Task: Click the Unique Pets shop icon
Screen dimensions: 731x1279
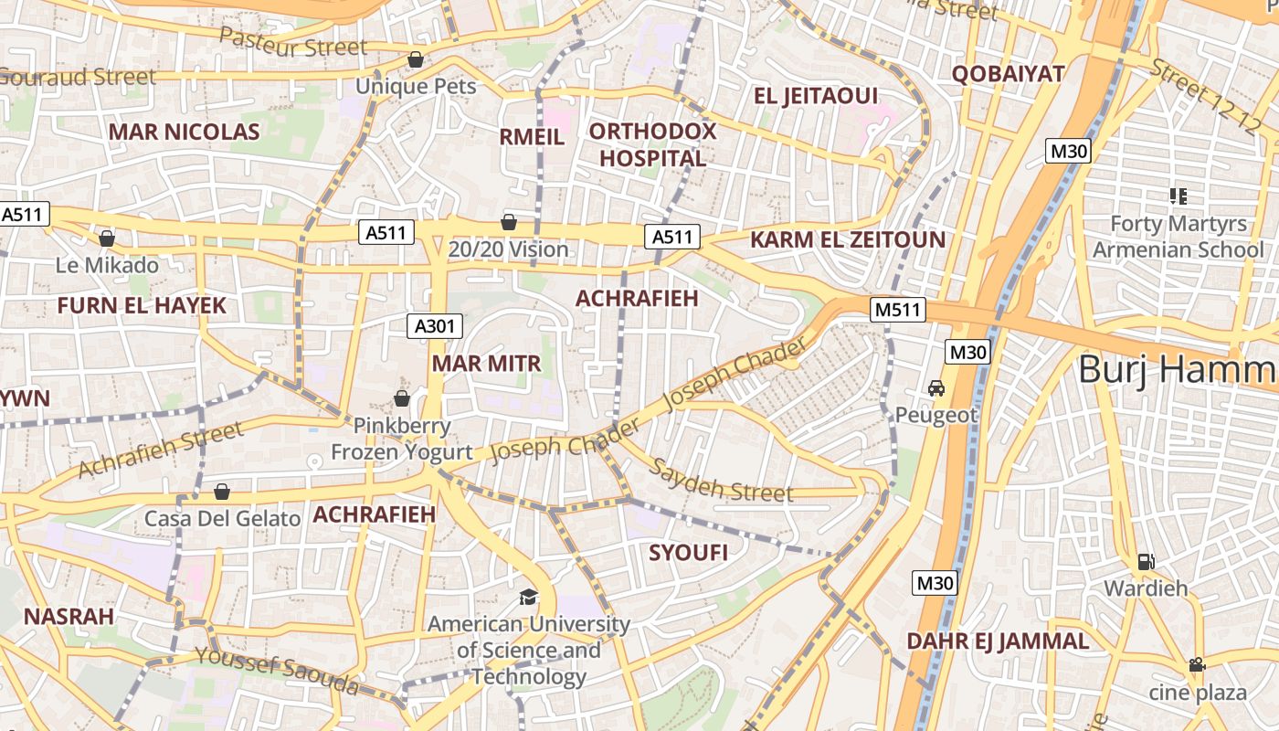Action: (x=416, y=59)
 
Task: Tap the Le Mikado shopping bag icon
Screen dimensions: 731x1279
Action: (x=107, y=238)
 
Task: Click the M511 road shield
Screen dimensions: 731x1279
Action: (x=898, y=310)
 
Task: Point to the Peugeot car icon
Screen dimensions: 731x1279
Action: (x=936, y=388)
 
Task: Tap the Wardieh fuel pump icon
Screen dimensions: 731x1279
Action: (x=1146, y=561)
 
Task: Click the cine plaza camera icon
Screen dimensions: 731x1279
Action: (x=1197, y=665)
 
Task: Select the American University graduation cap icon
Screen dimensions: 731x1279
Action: (x=529, y=598)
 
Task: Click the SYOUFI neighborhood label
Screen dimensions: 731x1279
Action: (x=688, y=553)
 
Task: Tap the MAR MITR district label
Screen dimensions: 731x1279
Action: (x=486, y=364)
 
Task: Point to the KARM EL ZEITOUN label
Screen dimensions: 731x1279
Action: (x=847, y=240)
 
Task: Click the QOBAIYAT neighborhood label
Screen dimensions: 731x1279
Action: (x=1008, y=74)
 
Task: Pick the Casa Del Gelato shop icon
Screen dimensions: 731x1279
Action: (x=221, y=493)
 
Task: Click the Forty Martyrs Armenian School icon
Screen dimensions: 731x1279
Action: (x=1178, y=196)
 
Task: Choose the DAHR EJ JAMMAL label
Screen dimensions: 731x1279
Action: (x=997, y=641)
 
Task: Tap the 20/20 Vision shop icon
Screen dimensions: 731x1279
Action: (x=509, y=222)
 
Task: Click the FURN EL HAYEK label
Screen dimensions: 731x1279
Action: (x=142, y=305)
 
